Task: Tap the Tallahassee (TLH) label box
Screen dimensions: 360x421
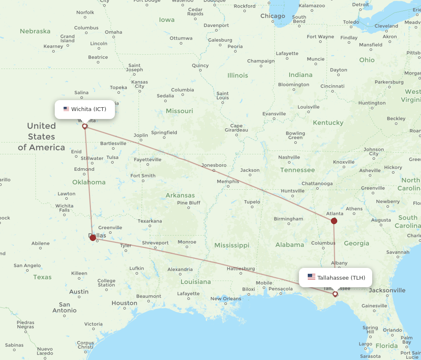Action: pos(336,278)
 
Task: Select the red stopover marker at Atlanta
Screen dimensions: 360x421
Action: pos(334,221)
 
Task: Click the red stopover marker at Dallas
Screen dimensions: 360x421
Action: pos(93,238)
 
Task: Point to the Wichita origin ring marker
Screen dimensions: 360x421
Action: pos(85,126)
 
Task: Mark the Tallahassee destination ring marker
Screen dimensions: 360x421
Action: pos(335,294)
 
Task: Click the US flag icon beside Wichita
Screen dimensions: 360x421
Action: pos(66,109)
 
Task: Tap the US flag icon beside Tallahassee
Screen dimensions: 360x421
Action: pos(312,277)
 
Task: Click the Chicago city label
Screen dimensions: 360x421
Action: pos(272,16)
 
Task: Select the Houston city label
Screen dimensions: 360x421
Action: pos(124,303)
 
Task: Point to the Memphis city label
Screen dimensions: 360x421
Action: pos(228,182)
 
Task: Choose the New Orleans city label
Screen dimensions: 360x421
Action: pos(226,299)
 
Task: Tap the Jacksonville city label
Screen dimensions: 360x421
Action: pos(387,290)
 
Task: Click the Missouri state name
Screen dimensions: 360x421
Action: pos(179,111)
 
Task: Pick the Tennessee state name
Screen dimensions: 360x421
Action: pos(298,170)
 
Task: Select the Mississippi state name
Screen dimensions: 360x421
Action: pos(232,245)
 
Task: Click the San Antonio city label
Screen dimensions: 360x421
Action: pos(64,307)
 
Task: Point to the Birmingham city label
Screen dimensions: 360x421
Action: pos(288,219)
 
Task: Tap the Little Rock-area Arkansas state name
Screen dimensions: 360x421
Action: pos(180,195)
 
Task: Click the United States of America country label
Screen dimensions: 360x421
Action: pos(41,137)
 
